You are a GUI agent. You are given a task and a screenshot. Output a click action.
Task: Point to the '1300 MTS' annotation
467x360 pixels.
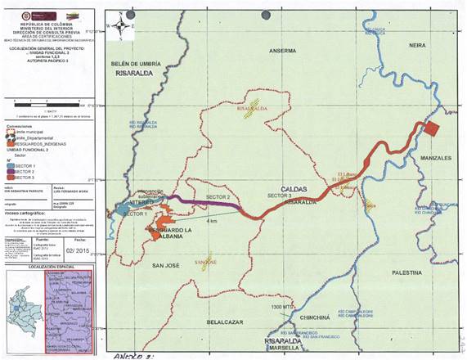pyautogui.click(x=282, y=307)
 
